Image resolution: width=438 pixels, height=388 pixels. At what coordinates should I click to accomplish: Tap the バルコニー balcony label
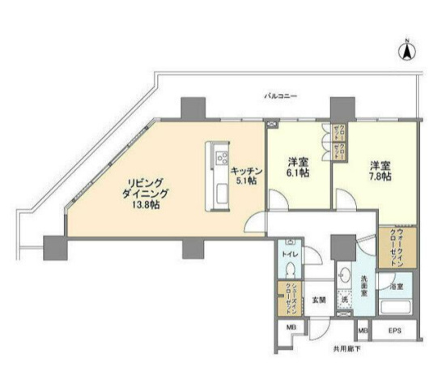point(280,96)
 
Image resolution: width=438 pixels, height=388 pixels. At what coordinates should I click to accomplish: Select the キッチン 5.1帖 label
point(244,177)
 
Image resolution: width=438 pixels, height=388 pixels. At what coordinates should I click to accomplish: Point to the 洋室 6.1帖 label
point(300,167)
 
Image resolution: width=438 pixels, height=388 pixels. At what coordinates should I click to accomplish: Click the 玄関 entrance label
point(319,301)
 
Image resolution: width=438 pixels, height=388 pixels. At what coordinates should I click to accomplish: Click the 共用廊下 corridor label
point(345,350)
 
